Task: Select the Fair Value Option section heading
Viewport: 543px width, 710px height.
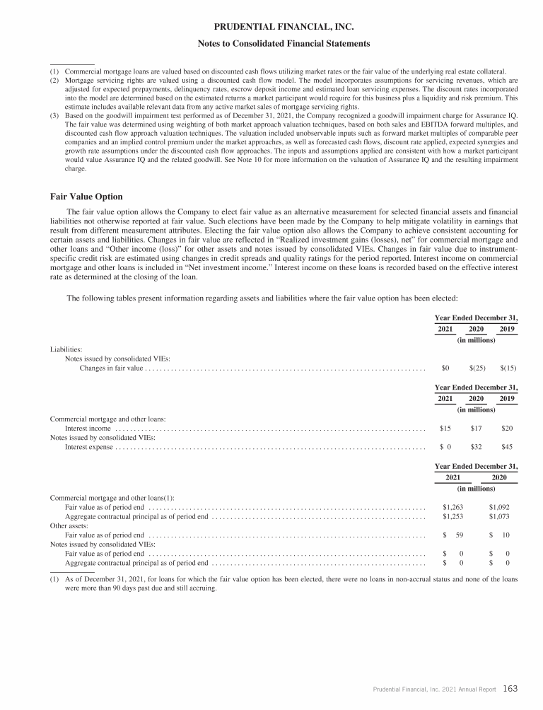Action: pyautogui.click(x=87, y=196)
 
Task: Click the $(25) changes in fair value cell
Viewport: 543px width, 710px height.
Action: pyautogui.click(x=477, y=368)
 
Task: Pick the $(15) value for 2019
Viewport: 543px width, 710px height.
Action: pyautogui.click(x=508, y=368)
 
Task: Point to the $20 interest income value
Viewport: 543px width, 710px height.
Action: pyautogui.click(x=507, y=428)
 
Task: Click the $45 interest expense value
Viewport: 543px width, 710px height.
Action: pyautogui.click(x=507, y=447)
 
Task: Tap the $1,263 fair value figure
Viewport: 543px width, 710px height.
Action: pyautogui.click(x=452, y=507)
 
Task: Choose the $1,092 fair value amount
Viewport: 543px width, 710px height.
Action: pyautogui.click(x=499, y=507)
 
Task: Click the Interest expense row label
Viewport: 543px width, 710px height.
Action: pyautogui.click(x=89, y=447)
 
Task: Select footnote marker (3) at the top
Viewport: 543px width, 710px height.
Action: pyautogui.click(x=54, y=115)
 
